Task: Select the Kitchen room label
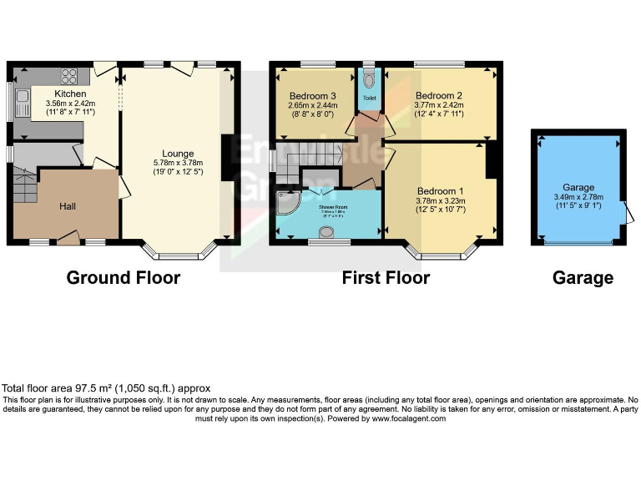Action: coord(70,94)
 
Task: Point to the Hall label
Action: coord(68,205)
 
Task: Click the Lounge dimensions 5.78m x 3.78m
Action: coord(178,164)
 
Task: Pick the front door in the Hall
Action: coord(68,240)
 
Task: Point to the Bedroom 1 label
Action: coord(438,190)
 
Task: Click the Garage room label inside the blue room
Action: coord(578,188)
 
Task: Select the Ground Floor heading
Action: coord(123,278)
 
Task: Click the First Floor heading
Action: coord(386,278)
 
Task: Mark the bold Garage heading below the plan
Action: coord(583,278)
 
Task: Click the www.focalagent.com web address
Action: coord(408,418)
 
